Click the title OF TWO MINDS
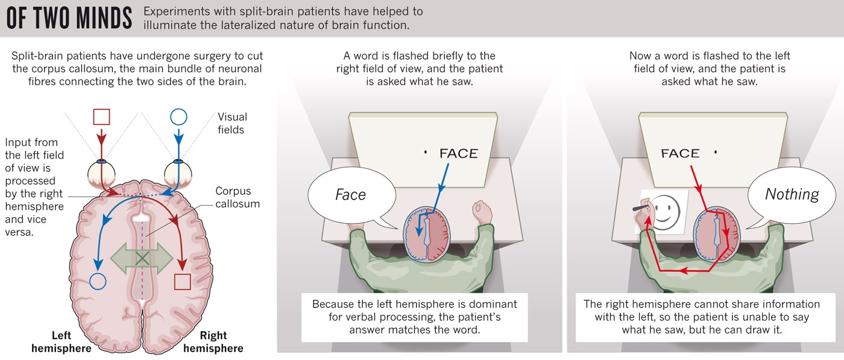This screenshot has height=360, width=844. [69, 18]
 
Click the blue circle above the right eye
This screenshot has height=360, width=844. [178, 116]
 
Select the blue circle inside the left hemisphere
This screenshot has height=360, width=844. [97, 280]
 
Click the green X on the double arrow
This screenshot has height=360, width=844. [142, 258]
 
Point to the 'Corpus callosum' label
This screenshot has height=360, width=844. [238, 197]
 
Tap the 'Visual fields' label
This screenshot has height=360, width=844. [232, 123]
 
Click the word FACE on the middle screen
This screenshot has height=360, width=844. [458, 154]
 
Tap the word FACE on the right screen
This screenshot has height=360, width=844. [680, 154]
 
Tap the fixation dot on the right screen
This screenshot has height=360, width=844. [716, 152]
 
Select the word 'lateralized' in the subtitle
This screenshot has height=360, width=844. [238, 25]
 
